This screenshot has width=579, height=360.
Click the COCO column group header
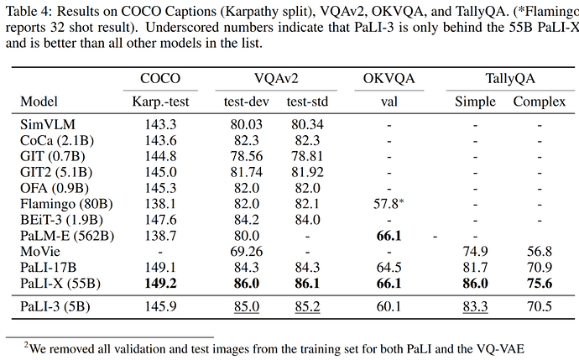click(x=160, y=78)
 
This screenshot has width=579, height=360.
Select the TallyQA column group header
click(x=510, y=78)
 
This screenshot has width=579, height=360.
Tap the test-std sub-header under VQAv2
click(x=307, y=102)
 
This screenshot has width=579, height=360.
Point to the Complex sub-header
click(x=539, y=102)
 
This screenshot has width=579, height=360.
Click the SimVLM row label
click(x=48, y=124)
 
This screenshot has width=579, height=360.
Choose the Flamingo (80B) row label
click(x=66, y=204)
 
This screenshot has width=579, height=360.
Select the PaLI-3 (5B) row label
click(x=55, y=306)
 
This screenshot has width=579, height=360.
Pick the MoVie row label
click(x=40, y=252)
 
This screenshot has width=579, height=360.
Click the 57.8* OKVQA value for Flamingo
click(x=389, y=203)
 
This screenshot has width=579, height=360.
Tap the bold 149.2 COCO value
click(x=160, y=283)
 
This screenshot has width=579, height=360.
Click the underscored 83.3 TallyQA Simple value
click(x=475, y=306)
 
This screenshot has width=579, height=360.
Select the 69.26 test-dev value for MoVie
click(x=247, y=252)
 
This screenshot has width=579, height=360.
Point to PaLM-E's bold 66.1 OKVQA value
click(x=389, y=236)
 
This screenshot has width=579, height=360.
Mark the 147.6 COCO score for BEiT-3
click(x=160, y=220)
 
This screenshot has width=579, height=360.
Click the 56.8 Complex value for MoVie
click(x=539, y=252)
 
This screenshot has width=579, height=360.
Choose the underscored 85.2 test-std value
click(x=307, y=306)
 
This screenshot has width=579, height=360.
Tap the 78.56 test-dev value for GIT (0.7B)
click(x=247, y=156)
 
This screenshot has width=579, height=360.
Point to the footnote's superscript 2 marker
click(x=26, y=345)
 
